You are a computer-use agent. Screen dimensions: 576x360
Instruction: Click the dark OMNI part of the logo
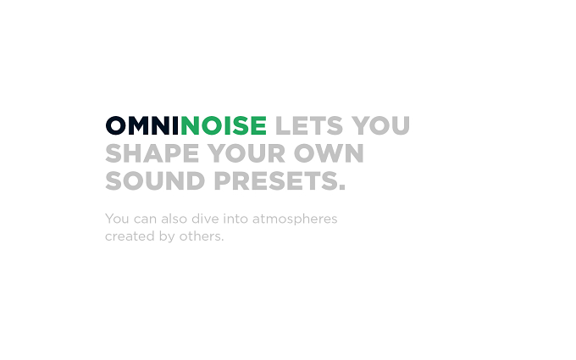(x=142, y=125)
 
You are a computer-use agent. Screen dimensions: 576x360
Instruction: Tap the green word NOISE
(x=224, y=125)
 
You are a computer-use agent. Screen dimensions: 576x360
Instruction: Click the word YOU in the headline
(x=380, y=125)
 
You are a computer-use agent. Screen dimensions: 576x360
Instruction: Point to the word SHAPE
(x=152, y=153)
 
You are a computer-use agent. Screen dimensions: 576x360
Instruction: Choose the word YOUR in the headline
(x=246, y=153)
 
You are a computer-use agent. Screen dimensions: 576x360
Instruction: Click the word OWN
(x=329, y=153)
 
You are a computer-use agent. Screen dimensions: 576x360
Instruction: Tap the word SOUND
(x=155, y=180)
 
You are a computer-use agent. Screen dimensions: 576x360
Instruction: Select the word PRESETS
(x=276, y=180)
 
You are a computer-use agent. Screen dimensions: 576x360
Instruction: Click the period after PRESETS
(x=342, y=187)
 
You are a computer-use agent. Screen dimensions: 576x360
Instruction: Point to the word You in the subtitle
(x=117, y=219)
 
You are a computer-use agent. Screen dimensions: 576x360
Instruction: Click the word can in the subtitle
(x=145, y=220)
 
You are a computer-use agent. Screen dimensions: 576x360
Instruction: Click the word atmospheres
(x=295, y=219)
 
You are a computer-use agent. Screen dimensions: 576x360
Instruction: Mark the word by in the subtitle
(x=167, y=237)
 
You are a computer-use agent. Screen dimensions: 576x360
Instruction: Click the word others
(x=202, y=236)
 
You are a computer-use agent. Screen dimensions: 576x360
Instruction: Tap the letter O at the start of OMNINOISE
(x=116, y=125)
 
